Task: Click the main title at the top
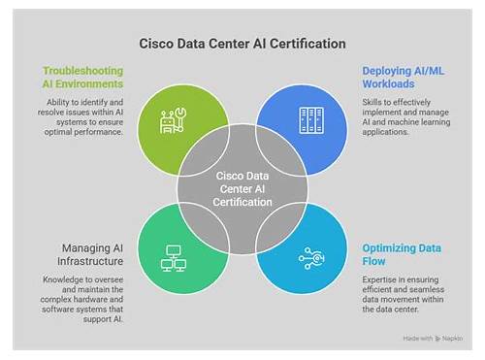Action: point(242,44)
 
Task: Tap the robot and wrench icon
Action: point(174,121)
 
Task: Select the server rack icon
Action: point(311,120)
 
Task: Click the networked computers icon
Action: point(174,258)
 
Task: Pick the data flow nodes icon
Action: point(311,258)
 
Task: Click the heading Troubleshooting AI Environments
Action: point(83,78)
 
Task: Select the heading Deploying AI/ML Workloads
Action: point(404,78)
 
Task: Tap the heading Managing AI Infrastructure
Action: point(90,254)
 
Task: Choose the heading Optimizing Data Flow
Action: point(402,254)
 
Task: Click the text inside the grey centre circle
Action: point(242,189)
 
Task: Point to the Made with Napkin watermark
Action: point(433,339)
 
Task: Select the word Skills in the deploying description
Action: point(372,102)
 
